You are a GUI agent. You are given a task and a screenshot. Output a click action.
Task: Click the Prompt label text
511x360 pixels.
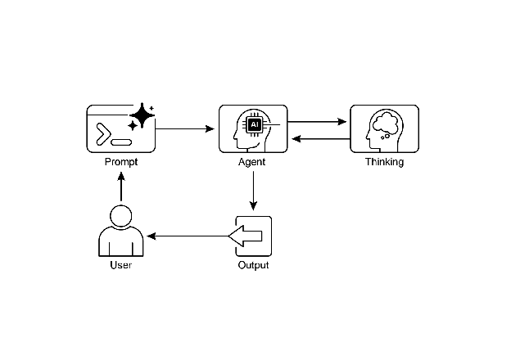[121, 162]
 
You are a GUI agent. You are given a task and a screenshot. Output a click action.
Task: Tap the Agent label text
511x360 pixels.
[253, 162]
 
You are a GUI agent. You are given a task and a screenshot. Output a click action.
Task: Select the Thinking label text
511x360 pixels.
[384, 162]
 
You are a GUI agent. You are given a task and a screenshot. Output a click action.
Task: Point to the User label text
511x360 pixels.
[121, 265]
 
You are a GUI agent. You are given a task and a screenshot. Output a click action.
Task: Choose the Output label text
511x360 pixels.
[253, 265]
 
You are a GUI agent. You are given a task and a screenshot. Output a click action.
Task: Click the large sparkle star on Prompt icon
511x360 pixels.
[142, 116]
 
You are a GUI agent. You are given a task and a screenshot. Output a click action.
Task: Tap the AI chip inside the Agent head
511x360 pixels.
[255, 124]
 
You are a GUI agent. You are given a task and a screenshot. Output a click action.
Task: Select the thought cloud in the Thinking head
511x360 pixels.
[385, 124]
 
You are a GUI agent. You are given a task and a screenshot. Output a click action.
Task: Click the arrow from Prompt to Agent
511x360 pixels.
[183, 129]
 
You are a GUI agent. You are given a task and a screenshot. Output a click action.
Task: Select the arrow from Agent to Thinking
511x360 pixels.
[318, 122]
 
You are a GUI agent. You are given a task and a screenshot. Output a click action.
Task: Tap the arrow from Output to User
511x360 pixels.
[187, 236]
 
